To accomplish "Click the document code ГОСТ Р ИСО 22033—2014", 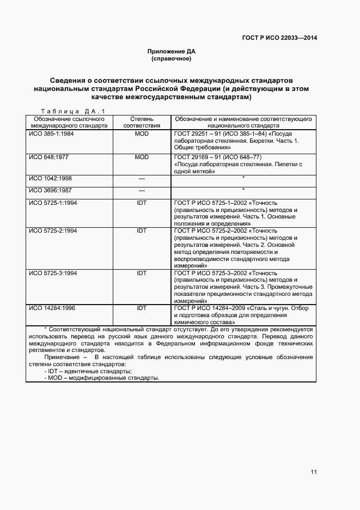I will coord(279,38).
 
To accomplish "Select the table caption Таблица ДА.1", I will coord(72,111).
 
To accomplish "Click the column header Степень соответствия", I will coord(142,122).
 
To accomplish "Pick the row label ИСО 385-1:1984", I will coord(51,133).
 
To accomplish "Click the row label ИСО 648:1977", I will coord(49,157).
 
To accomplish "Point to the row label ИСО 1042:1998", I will coord(51,178).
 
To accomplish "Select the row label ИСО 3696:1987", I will coord(51,190).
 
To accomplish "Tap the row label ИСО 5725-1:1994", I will coord(53,203).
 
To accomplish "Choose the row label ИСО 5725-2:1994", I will coord(53,230).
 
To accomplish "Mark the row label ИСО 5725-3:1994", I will coord(53,272).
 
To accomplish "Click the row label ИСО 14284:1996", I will coord(52,308).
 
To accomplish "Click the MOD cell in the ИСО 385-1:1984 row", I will coord(142,133).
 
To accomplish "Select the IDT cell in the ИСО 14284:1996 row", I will coord(142,308).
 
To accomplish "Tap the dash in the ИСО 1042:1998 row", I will coord(142,179).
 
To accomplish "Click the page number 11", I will coord(314,472).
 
